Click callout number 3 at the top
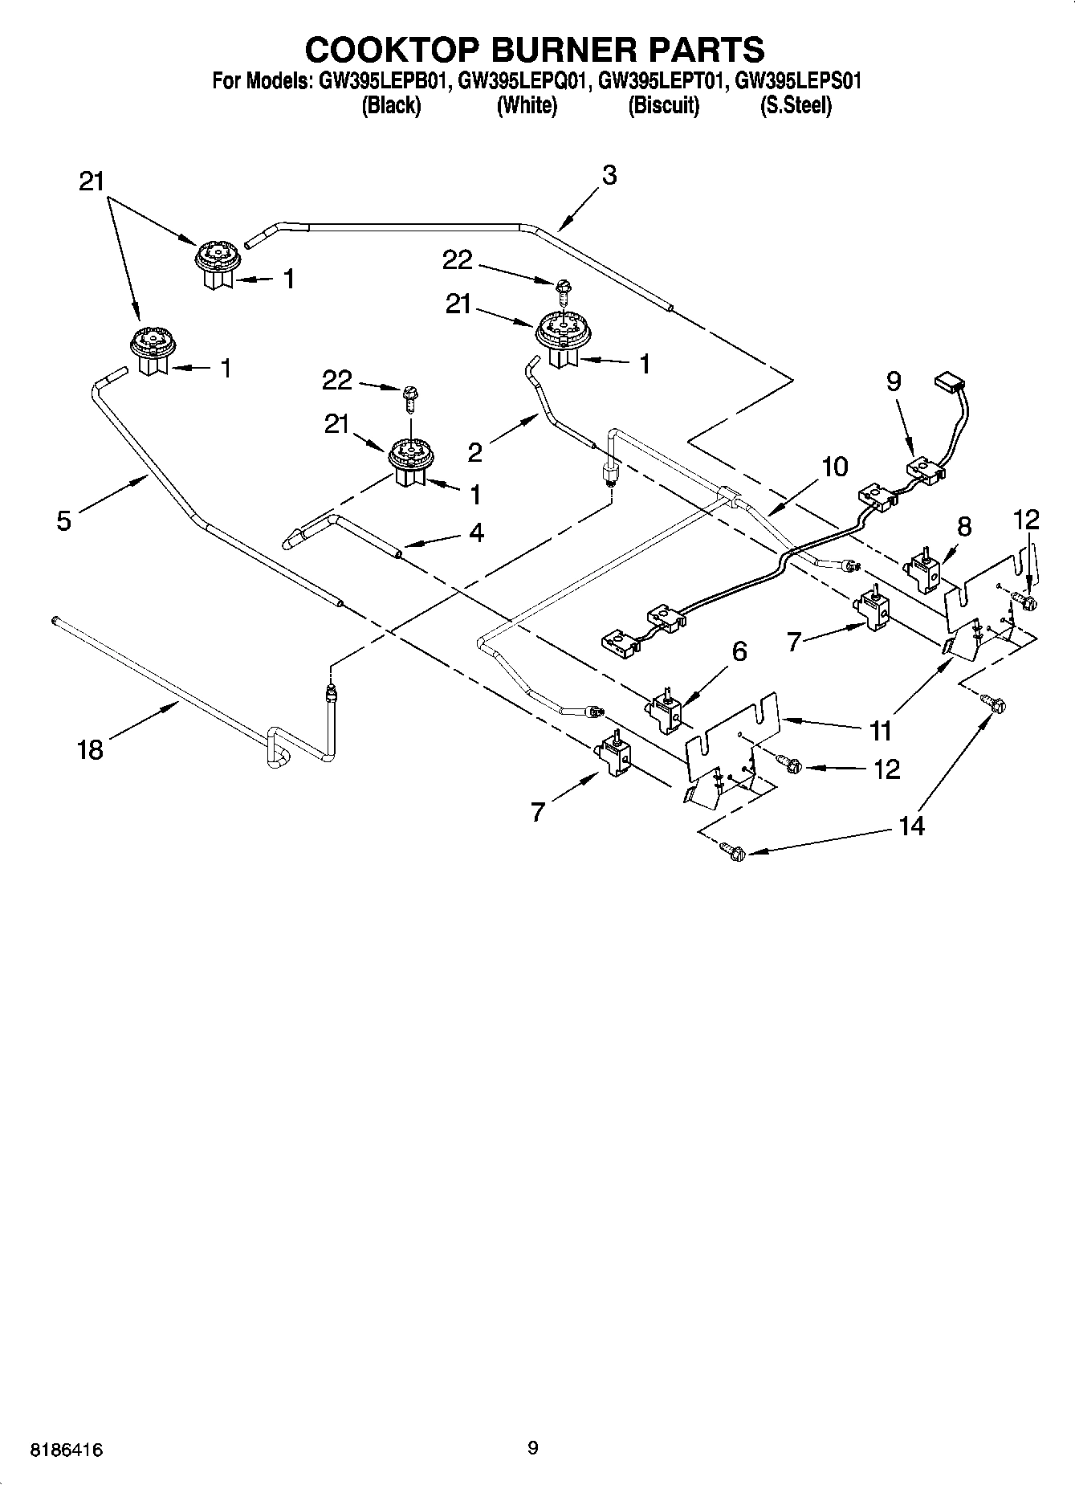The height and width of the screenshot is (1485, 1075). pyautogui.click(x=609, y=175)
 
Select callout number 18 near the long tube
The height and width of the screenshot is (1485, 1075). pyautogui.click(x=91, y=750)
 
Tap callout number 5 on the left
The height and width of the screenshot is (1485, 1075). pyautogui.click(x=64, y=520)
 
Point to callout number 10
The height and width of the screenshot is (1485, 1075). pyautogui.click(x=835, y=467)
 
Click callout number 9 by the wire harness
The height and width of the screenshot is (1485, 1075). pyautogui.click(x=893, y=381)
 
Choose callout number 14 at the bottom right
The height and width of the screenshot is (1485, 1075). pyautogui.click(x=912, y=825)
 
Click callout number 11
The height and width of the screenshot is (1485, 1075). pyautogui.click(x=881, y=730)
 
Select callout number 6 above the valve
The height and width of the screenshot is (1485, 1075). pyautogui.click(x=739, y=651)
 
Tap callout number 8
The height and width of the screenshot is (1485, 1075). pyautogui.click(x=964, y=527)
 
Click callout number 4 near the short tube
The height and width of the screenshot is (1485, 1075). pyautogui.click(x=476, y=532)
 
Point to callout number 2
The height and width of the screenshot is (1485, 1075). pyautogui.click(x=475, y=453)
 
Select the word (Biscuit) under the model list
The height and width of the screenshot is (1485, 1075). pyautogui.click(x=663, y=105)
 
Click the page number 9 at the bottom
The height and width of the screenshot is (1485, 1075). pyautogui.click(x=533, y=1448)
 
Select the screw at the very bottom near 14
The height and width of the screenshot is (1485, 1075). pyautogui.click(x=733, y=851)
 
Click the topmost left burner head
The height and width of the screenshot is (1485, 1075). pyautogui.click(x=215, y=255)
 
